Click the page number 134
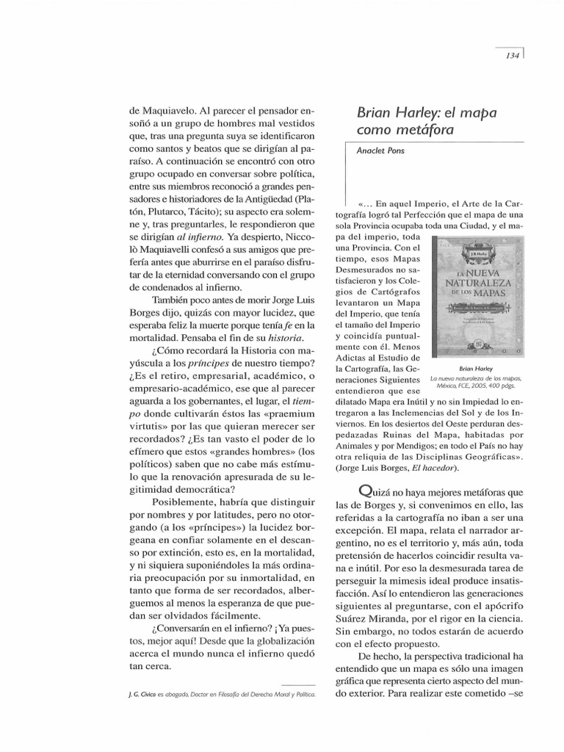(513, 56)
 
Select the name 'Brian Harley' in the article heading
(396, 114)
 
